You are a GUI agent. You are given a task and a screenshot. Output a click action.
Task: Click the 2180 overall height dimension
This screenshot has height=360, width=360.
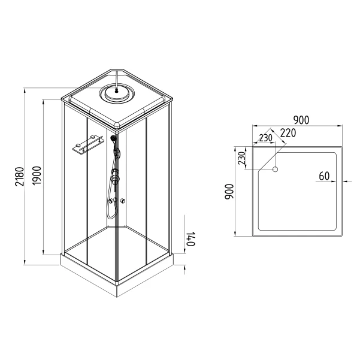point(20,177)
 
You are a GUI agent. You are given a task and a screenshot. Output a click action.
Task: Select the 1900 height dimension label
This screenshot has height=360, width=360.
point(37,176)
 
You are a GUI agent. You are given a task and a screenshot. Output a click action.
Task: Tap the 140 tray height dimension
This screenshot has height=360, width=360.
point(190,239)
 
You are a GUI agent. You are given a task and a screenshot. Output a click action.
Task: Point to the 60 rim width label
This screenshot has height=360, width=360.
point(324,176)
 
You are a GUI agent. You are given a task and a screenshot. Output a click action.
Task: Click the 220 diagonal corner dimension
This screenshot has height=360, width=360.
point(288,133)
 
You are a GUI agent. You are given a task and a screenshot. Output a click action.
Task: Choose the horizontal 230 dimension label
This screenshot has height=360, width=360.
point(265,138)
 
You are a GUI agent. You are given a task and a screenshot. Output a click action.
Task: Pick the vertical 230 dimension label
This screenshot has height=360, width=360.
point(242,158)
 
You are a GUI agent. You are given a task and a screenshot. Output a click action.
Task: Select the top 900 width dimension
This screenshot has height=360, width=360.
point(301,120)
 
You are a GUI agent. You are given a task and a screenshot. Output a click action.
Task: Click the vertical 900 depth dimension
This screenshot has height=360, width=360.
point(229,192)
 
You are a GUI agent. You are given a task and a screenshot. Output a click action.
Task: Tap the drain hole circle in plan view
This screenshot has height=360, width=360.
point(275,170)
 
